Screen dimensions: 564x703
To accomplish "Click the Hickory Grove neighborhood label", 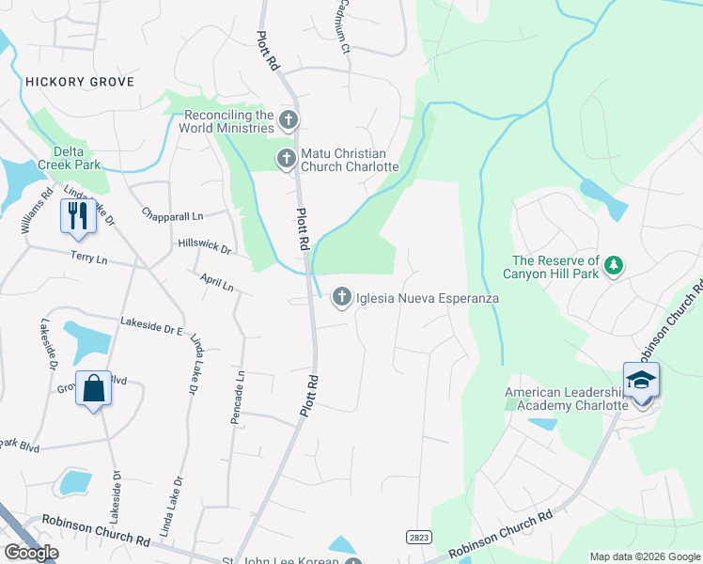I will coord(80,82).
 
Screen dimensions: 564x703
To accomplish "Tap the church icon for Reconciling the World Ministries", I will coord(289,120).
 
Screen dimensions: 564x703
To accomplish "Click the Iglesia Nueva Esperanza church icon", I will coord(341,298).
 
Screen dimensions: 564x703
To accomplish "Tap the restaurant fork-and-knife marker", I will coord(75,215).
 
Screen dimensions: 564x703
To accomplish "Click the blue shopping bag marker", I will coord(94,388).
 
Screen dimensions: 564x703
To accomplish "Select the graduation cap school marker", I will coord(641,381).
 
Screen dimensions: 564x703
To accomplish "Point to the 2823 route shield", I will coord(419,537).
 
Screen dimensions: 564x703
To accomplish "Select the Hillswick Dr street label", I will coord(204,246).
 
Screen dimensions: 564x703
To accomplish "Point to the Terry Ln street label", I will coord(89,257).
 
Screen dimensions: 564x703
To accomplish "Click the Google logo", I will coord(31,553).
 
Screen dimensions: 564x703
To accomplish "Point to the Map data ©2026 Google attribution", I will coord(644,556).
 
